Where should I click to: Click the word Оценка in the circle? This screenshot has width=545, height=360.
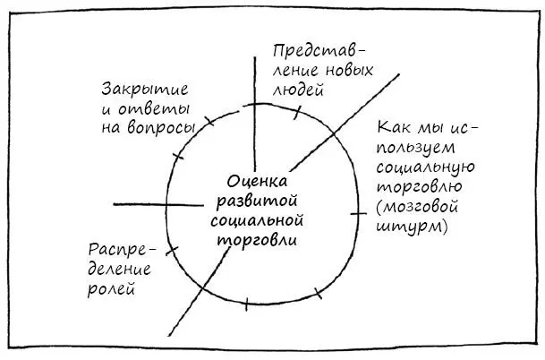pyautogui.click(x=257, y=183)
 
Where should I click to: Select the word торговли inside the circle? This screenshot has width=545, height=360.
pyautogui.click(x=257, y=241)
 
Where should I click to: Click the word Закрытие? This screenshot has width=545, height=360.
pyautogui.click(x=145, y=90)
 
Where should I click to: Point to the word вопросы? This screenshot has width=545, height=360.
pyautogui.click(x=161, y=128)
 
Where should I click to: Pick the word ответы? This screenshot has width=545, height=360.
pyautogui.click(x=154, y=109)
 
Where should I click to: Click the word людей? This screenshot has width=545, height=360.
pyautogui.click(x=298, y=90)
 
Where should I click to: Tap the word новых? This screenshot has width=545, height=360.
pyautogui.click(x=349, y=71)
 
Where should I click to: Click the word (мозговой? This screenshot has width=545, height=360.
pyautogui.click(x=417, y=207)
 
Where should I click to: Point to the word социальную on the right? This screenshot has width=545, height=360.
pyautogui.click(x=425, y=168)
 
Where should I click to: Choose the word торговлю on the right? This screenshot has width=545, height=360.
pyautogui.click(x=420, y=187)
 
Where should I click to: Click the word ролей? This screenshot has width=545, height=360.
pyautogui.click(x=111, y=289)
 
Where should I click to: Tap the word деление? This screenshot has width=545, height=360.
pyautogui.click(x=119, y=270)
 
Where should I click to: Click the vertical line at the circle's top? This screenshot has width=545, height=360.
pyautogui.click(x=255, y=114)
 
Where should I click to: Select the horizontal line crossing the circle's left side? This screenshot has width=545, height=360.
pyautogui.click(x=158, y=204)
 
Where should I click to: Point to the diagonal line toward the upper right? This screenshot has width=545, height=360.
pyautogui.click(x=345, y=123)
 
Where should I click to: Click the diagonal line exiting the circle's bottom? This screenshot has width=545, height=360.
pyautogui.click(x=200, y=291)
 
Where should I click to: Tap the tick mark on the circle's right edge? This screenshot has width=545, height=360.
pyautogui.click(x=358, y=213)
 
